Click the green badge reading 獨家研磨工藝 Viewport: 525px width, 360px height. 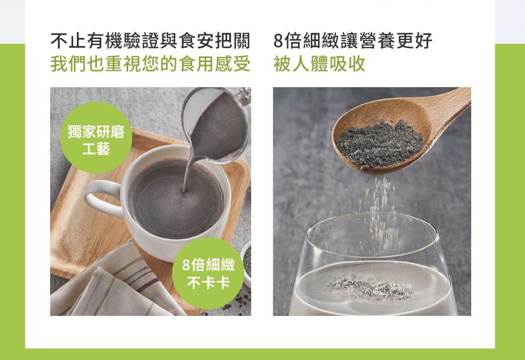[96, 137]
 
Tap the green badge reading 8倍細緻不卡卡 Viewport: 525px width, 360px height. [208, 273]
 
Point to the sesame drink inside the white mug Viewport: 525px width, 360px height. [176, 199]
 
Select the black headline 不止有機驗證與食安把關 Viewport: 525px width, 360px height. [150, 41]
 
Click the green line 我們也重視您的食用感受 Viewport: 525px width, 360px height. [150, 63]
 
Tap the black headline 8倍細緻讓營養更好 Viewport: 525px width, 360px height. [353, 41]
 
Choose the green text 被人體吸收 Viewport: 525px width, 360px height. [319, 63]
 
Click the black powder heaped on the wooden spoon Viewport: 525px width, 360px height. [380, 143]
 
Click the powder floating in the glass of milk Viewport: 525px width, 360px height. [370, 289]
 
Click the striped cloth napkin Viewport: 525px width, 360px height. [110, 284]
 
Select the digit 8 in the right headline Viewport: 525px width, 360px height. [279, 41]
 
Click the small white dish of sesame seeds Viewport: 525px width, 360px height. [247, 264]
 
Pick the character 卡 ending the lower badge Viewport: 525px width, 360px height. [223, 283]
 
